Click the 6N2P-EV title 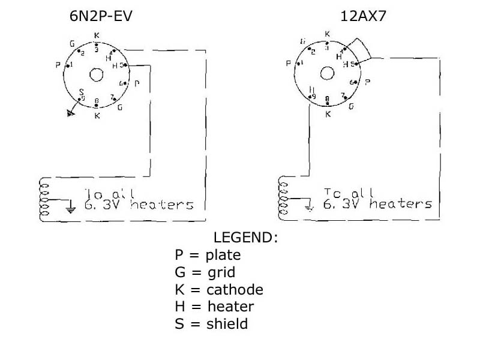[101, 16]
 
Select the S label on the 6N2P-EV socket [82, 92]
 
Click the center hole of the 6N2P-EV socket [96, 74]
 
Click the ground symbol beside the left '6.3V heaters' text [71, 209]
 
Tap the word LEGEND [246, 238]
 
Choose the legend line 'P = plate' [208, 255]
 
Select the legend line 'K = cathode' [219, 290]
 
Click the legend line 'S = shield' [211, 324]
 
